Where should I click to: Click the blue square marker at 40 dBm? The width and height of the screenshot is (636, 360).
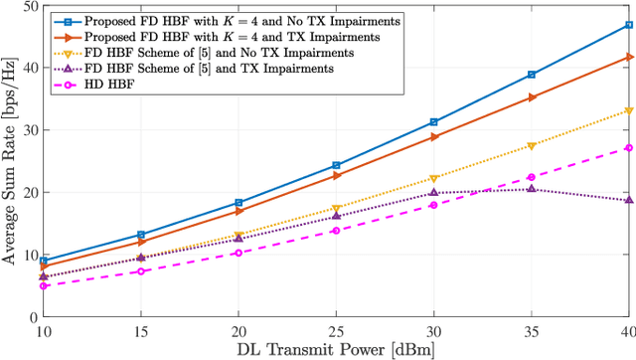628,24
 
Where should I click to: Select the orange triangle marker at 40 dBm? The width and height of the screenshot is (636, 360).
628,57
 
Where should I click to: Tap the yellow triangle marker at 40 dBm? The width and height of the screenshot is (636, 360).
628,110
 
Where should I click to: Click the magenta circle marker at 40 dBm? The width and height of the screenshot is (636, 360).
628,147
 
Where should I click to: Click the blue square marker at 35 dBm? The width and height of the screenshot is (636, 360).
531,75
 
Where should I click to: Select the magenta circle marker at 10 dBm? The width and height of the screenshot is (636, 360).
44,285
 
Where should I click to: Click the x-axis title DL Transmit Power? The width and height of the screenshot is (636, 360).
336,349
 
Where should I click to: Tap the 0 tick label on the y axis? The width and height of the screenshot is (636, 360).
32,316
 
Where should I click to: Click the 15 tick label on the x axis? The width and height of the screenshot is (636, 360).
141,329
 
